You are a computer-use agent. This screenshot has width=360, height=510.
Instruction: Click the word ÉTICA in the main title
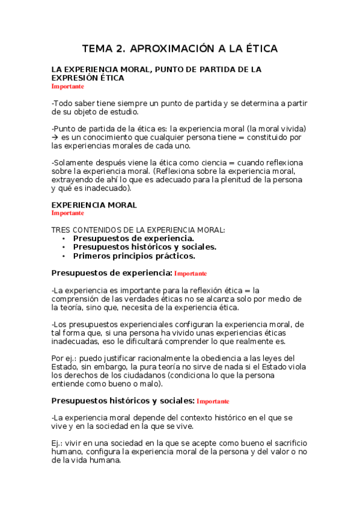tap(258, 49)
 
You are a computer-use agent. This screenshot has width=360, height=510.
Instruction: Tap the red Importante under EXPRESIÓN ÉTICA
tap(68, 87)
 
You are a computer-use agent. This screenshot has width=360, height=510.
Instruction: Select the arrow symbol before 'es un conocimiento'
tap(55, 137)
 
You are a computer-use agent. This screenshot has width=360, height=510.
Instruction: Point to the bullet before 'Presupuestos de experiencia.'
tap(63, 238)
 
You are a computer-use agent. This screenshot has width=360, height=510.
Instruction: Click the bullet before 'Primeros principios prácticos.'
tap(63, 256)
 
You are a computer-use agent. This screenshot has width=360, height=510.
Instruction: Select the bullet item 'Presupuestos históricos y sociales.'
tap(145, 247)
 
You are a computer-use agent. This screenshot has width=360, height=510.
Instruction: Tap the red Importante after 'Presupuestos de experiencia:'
tap(191, 274)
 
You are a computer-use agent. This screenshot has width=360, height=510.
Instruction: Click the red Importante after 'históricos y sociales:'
tap(213, 401)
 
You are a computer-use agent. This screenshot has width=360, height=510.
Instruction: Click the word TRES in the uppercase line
tap(62, 230)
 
